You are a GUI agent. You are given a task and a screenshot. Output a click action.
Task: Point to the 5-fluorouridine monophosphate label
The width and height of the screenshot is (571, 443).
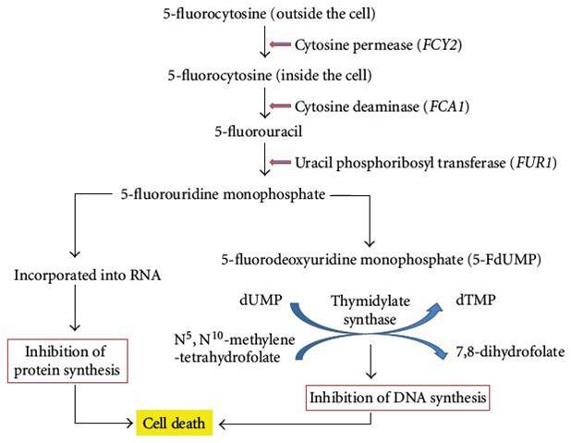pos(223,194)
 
